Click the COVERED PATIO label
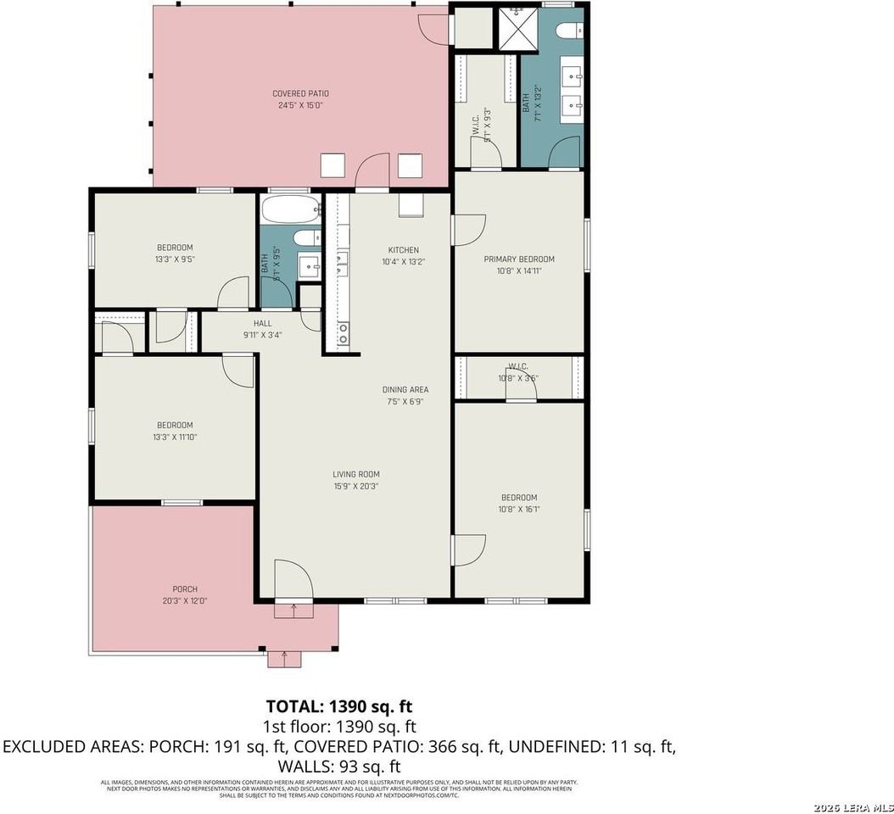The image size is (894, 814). pos(300,93)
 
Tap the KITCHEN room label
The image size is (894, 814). pos(403,250)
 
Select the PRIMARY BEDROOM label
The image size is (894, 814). pos(519,259)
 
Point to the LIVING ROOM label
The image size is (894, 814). pos(355,475)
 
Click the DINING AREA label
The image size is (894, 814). pos(405,390)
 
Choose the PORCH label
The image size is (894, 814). pos(185,589)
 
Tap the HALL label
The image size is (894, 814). pos(262,323)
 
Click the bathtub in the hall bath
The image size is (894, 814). pos(290,209)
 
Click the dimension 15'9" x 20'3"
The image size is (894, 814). pos(355,487)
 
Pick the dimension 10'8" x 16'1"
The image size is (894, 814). pos(519,510)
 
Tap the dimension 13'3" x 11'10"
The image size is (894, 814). pos(174,437)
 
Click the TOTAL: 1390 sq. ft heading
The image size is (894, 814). pos(339,706)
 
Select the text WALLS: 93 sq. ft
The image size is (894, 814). pos(339,767)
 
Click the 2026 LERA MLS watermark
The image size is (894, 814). pos(852,806)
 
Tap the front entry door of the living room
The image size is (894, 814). pos(293,581)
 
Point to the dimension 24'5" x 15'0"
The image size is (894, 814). pos(300,105)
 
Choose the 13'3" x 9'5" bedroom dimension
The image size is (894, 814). pos(175,259)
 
